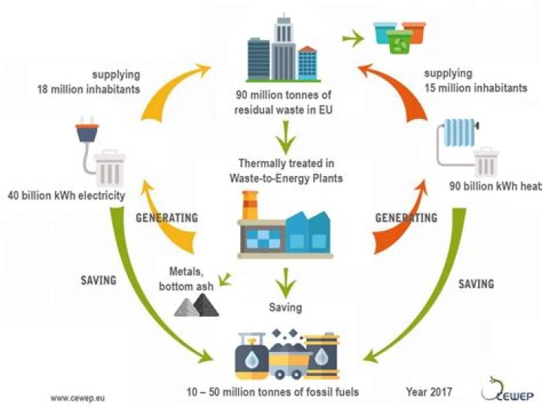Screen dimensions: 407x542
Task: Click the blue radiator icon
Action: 458,135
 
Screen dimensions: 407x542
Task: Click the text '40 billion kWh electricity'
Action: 66,196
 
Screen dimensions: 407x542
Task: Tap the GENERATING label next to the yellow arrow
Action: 166,218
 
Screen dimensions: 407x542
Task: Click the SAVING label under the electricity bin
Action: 99,280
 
